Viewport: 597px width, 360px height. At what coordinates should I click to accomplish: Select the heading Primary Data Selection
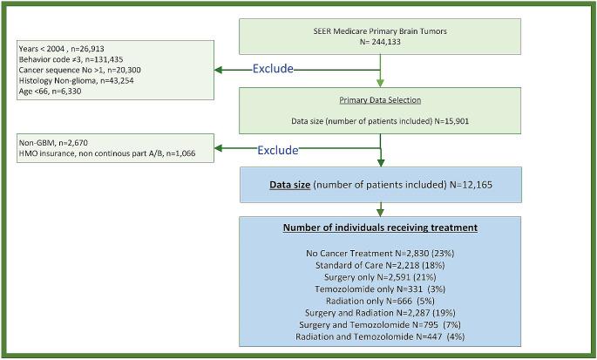point(379,100)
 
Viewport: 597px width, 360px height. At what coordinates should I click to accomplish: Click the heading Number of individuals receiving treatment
point(379,228)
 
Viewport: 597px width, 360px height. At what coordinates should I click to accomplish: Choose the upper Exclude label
point(273,69)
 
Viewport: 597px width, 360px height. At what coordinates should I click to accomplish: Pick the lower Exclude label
point(278,150)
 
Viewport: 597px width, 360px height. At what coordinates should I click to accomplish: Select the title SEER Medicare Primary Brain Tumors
point(379,31)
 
